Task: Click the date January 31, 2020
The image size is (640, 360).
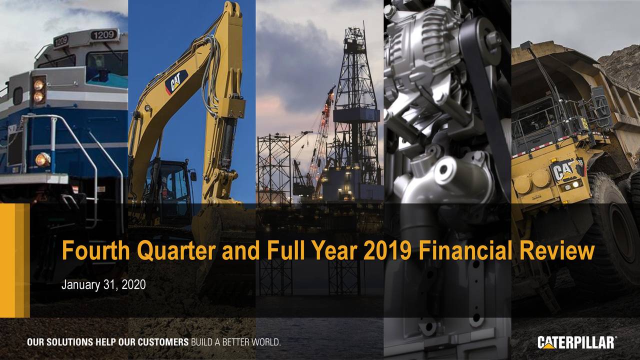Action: click(103, 285)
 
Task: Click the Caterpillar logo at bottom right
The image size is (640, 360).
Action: click(576, 343)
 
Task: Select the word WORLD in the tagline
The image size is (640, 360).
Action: click(263, 343)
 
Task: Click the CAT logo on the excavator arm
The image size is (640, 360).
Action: click(176, 81)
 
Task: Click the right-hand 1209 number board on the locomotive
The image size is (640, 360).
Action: click(103, 35)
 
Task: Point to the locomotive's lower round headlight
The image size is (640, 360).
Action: click(42, 159)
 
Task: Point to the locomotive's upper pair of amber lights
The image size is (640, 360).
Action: click(38, 90)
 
